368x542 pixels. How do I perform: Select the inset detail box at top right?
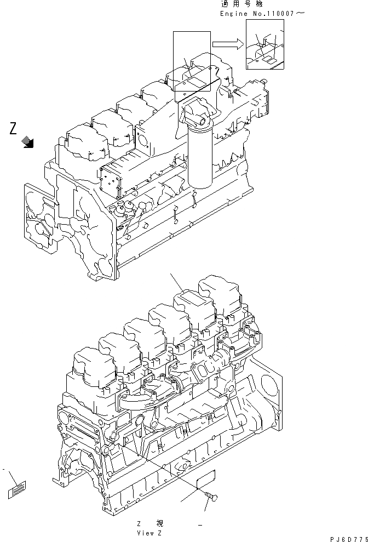click(264, 45)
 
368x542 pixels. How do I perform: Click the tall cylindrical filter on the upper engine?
click(199, 159)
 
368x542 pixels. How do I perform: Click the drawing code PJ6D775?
click(348, 537)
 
